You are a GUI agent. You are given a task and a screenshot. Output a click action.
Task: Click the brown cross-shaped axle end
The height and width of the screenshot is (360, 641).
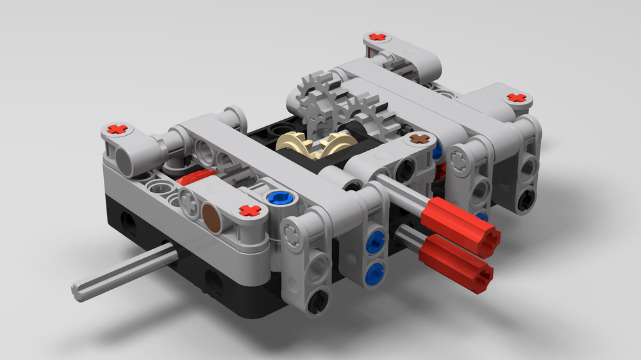click(420, 138)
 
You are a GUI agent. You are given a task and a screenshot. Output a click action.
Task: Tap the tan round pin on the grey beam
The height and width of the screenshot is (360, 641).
click(212, 217)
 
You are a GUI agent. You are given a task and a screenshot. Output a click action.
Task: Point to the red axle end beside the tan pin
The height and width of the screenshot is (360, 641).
click(249, 210)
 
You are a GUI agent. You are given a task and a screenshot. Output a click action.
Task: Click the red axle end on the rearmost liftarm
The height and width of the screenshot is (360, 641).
click(379, 38)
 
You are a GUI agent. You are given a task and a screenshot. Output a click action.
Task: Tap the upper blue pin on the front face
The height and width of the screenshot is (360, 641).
click(374, 241)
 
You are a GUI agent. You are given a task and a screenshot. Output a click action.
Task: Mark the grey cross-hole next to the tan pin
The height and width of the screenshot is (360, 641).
click(190, 204)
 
